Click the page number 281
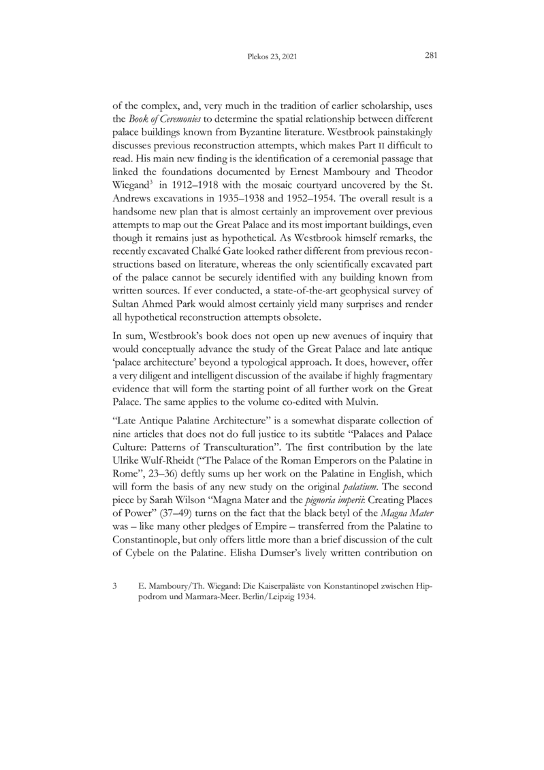pos(430,57)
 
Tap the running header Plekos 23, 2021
pos(272,58)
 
